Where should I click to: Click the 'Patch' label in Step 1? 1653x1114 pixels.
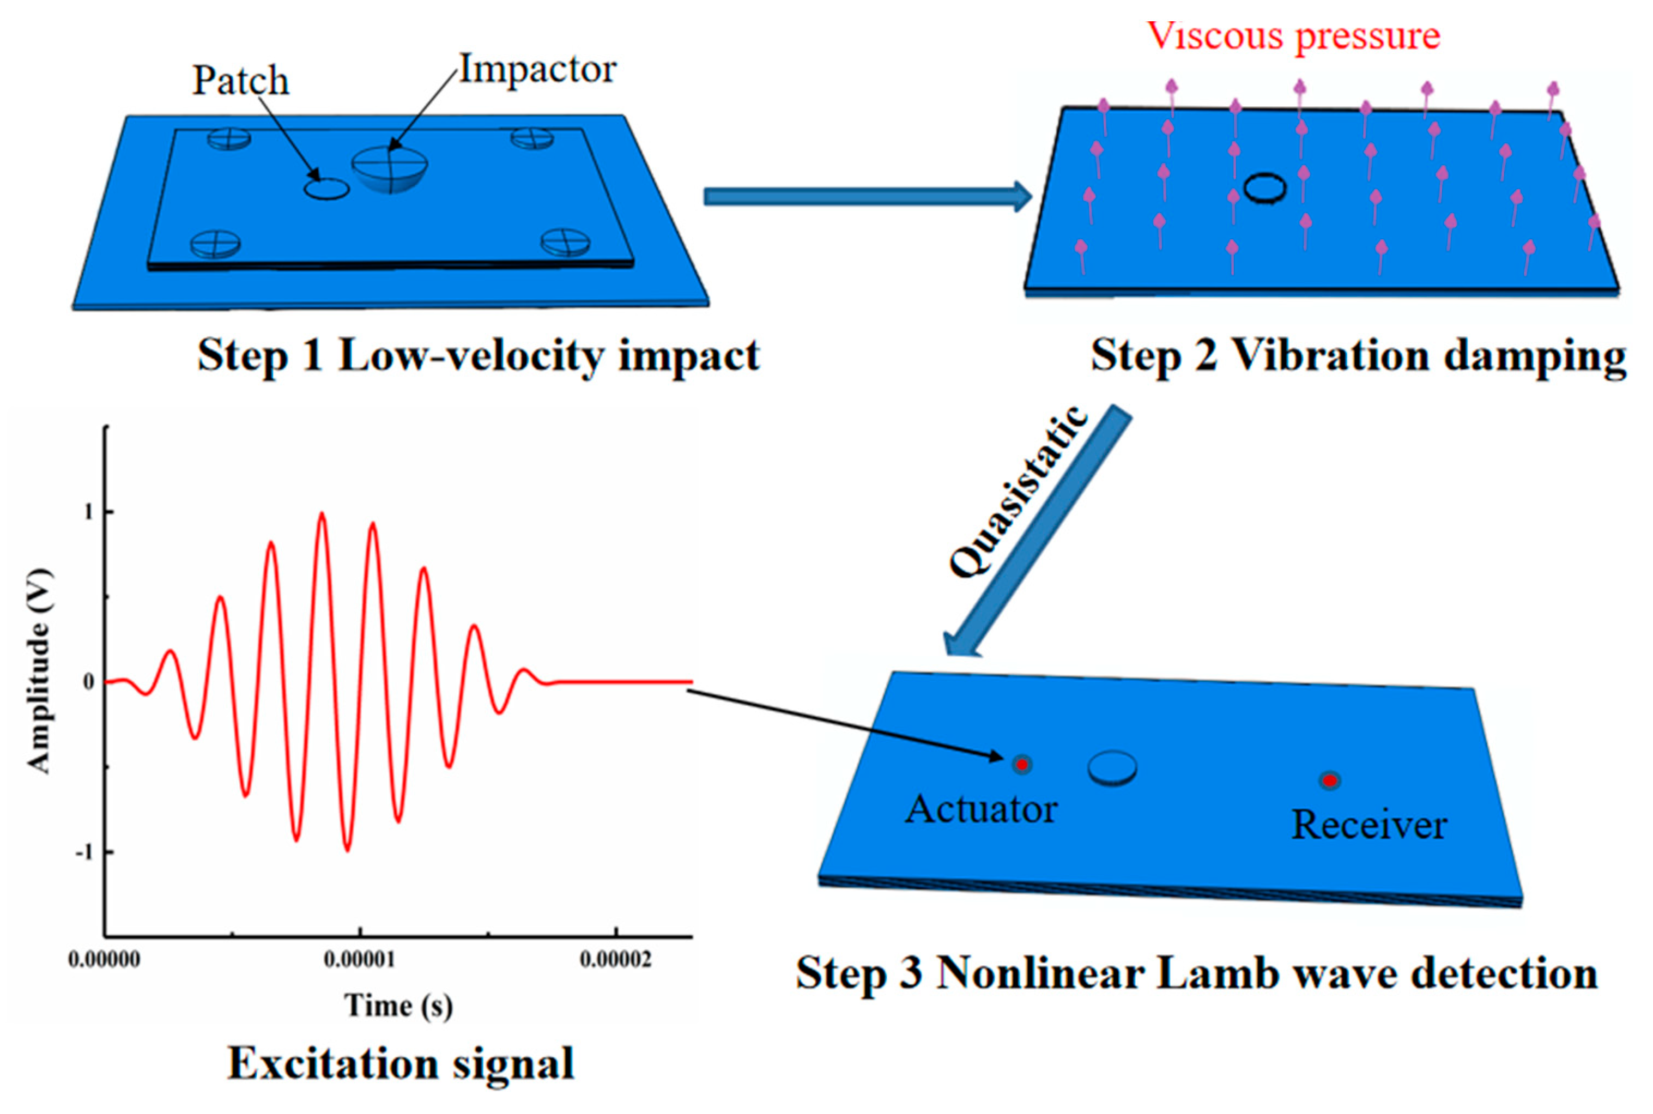coord(241,80)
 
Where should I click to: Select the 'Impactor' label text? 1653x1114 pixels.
coord(538,70)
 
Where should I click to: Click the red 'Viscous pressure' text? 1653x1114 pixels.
coord(1293,35)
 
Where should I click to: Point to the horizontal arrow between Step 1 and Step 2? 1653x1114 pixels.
coord(866,196)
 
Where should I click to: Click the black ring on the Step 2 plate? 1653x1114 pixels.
coord(1264,188)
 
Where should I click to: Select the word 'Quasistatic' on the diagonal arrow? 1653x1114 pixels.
coord(1018,491)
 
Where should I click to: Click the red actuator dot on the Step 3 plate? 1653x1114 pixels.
coord(1021,765)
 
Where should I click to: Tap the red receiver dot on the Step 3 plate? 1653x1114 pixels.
coord(1330,781)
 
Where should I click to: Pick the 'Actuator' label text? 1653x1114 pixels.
coord(981,809)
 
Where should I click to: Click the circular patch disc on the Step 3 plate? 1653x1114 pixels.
coord(1112,768)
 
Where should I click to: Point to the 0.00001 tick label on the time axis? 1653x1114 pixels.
coord(360,960)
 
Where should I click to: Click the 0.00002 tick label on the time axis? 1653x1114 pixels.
coord(615,960)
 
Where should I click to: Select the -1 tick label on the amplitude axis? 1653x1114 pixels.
coord(85,852)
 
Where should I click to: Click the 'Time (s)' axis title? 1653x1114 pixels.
coord(398,1006)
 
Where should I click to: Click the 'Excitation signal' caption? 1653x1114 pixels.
coord(401,1063)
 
